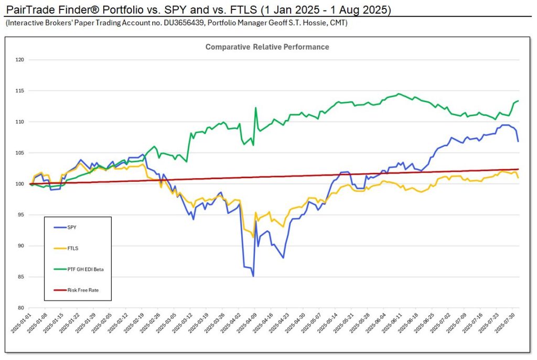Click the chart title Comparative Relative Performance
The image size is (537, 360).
267,47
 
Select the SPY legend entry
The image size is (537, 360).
72,227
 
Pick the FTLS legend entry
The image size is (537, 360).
73,248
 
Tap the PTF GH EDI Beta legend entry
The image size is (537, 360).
82,269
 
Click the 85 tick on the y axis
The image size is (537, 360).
22,277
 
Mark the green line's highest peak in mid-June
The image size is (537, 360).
399,94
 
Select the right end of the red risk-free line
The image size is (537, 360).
518,169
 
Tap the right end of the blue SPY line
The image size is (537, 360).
518,141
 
